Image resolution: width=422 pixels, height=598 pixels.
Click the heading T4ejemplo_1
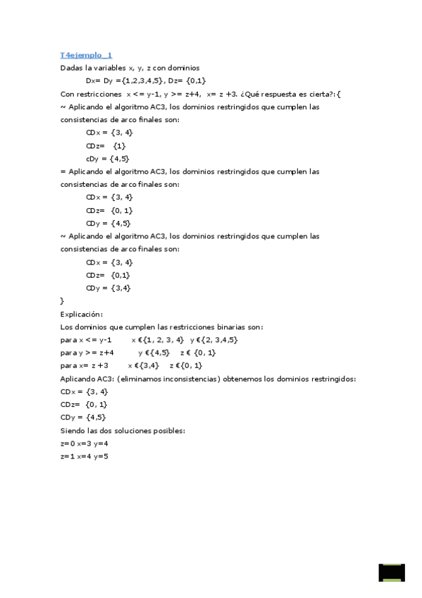[87, 54]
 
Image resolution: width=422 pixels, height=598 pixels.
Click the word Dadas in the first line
[72, 68]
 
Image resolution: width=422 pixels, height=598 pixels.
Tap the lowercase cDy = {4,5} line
[107, 159]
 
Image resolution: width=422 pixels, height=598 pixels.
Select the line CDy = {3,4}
[108, 288]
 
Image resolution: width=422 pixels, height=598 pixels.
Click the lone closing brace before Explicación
[63, 301]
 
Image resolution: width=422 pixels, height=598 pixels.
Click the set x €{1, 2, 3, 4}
[157, 340]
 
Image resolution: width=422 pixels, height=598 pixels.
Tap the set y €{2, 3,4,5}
[213, 340]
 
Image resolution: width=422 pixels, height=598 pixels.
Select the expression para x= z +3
[85, 365]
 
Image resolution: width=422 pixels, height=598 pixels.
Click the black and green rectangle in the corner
[392, 572]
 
